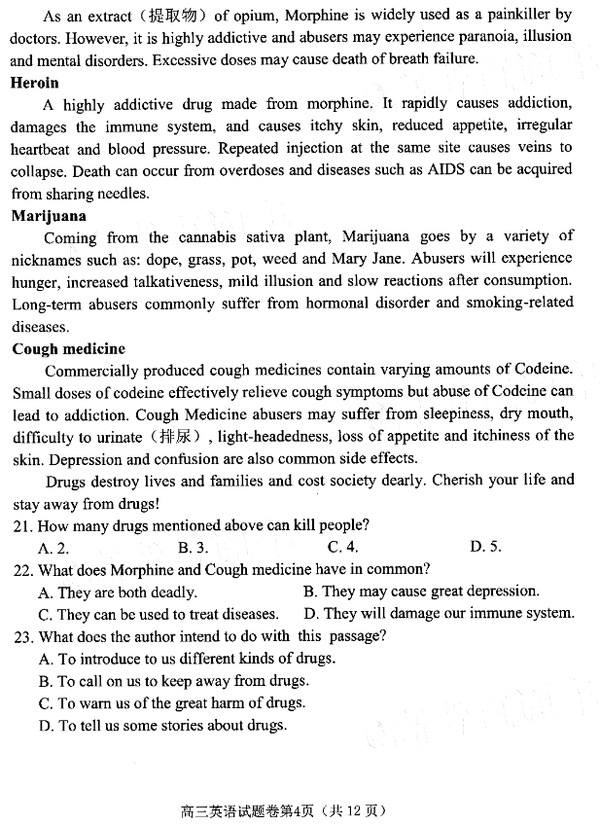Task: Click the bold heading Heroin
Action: pos(35,83)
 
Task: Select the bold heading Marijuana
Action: pos(49,216)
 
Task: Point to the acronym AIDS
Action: pos(446,170)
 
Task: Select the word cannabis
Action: pos(238,237)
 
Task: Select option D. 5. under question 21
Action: pos(485,547)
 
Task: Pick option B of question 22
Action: pos(420,592)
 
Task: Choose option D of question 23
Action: pos(162,725)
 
